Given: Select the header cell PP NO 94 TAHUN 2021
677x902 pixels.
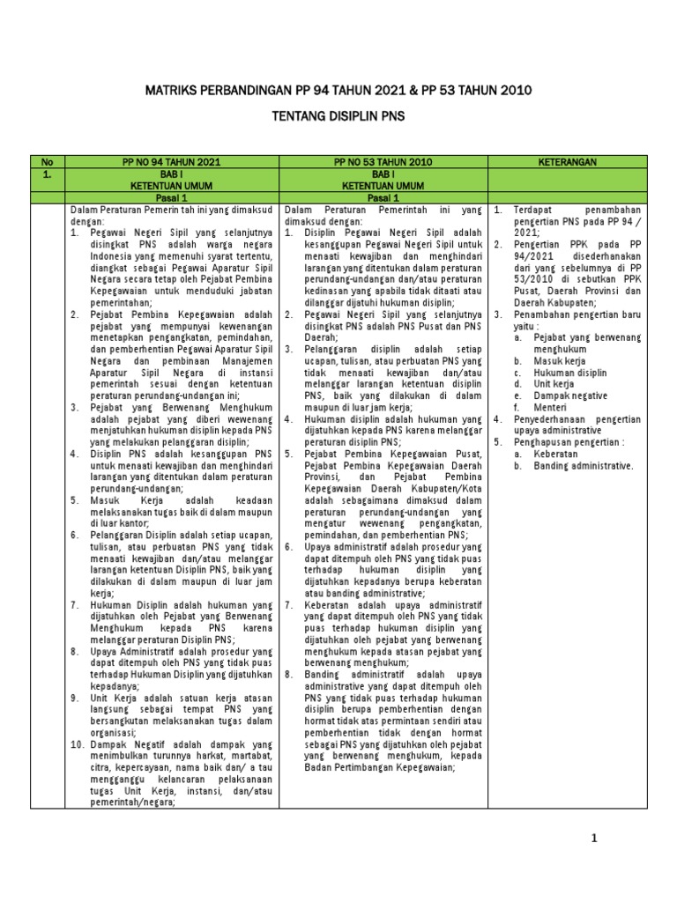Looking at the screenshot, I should point(172,163).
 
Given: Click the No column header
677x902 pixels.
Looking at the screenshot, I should point(48,163).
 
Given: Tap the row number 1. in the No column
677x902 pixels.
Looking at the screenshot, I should point(48,175).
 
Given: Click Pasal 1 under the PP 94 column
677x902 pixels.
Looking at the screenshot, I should point(172,199).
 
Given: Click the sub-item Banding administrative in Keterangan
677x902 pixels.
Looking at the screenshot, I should point(583,466).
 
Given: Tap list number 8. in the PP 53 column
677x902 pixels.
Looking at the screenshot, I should point(288,675).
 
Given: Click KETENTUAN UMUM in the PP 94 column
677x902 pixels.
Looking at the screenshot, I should point(172,187).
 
